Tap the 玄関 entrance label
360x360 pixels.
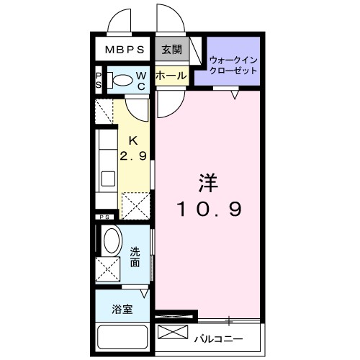coord(171,50)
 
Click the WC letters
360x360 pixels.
coord(142,81)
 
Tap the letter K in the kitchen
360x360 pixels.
coord(133,140)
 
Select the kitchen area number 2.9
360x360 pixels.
coord(133,155)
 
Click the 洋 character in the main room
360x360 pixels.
coord(209,181)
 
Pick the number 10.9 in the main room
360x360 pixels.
coord(209,209)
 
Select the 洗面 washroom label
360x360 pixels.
coord(136,258)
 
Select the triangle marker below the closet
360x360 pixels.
coord(235,92)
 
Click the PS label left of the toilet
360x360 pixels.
coord(99,79)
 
